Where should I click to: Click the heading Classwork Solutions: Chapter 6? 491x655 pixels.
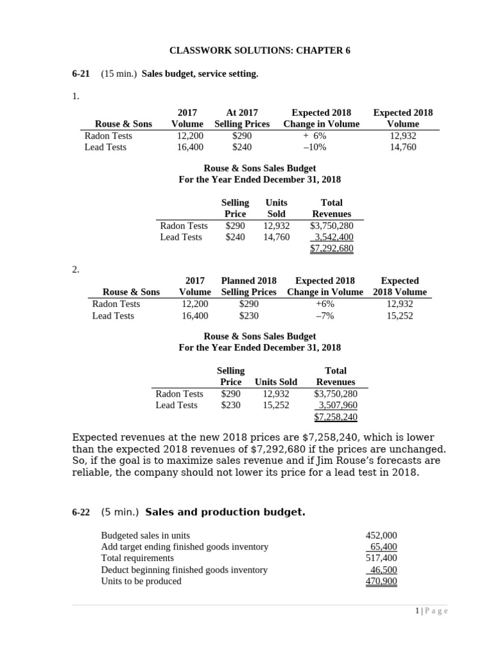[x=260, y=51]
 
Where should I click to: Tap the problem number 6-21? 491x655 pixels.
[x=81, y=74]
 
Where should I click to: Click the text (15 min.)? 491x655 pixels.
[x=119, y=74]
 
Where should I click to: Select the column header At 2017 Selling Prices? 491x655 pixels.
[x=242, y=118]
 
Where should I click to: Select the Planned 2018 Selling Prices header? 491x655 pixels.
[x=249, y=287]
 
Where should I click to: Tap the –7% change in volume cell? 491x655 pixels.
[x=325, y=315]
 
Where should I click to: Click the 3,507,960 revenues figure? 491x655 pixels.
[x=338, y=406]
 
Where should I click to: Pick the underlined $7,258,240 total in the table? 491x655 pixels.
[x=336, y=417]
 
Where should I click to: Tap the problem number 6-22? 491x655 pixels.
[x=81, y=512]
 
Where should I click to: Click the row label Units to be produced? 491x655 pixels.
[x=141, y=581]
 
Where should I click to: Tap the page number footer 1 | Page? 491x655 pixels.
[x=432, y=612]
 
